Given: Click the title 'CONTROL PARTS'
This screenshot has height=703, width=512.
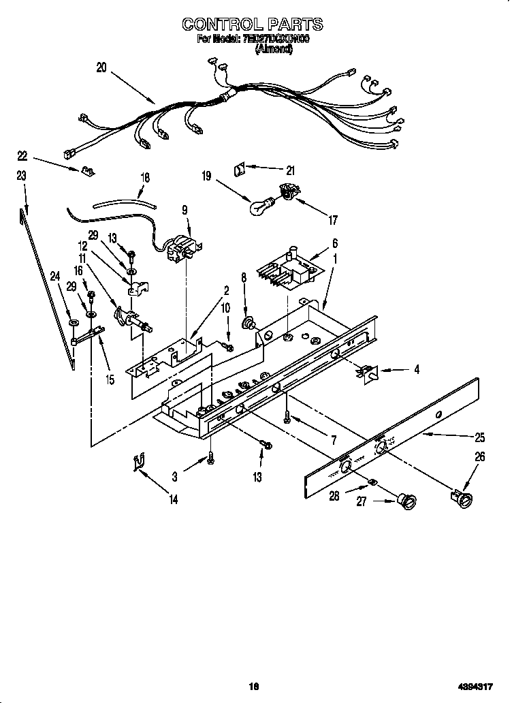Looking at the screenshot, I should [x=253, y=25].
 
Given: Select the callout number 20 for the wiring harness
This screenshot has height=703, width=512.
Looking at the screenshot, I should [x=101, y=67].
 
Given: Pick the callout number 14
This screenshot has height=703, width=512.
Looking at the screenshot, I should [x=173, y=499].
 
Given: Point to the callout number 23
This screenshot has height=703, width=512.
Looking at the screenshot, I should [x=21, y=176].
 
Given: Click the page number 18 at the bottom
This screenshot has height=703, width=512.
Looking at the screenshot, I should [x=254, y=687].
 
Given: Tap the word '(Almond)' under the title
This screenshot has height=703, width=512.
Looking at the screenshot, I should [x=274, y=50].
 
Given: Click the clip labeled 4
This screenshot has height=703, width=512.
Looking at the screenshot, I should [x=368, y=371].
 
